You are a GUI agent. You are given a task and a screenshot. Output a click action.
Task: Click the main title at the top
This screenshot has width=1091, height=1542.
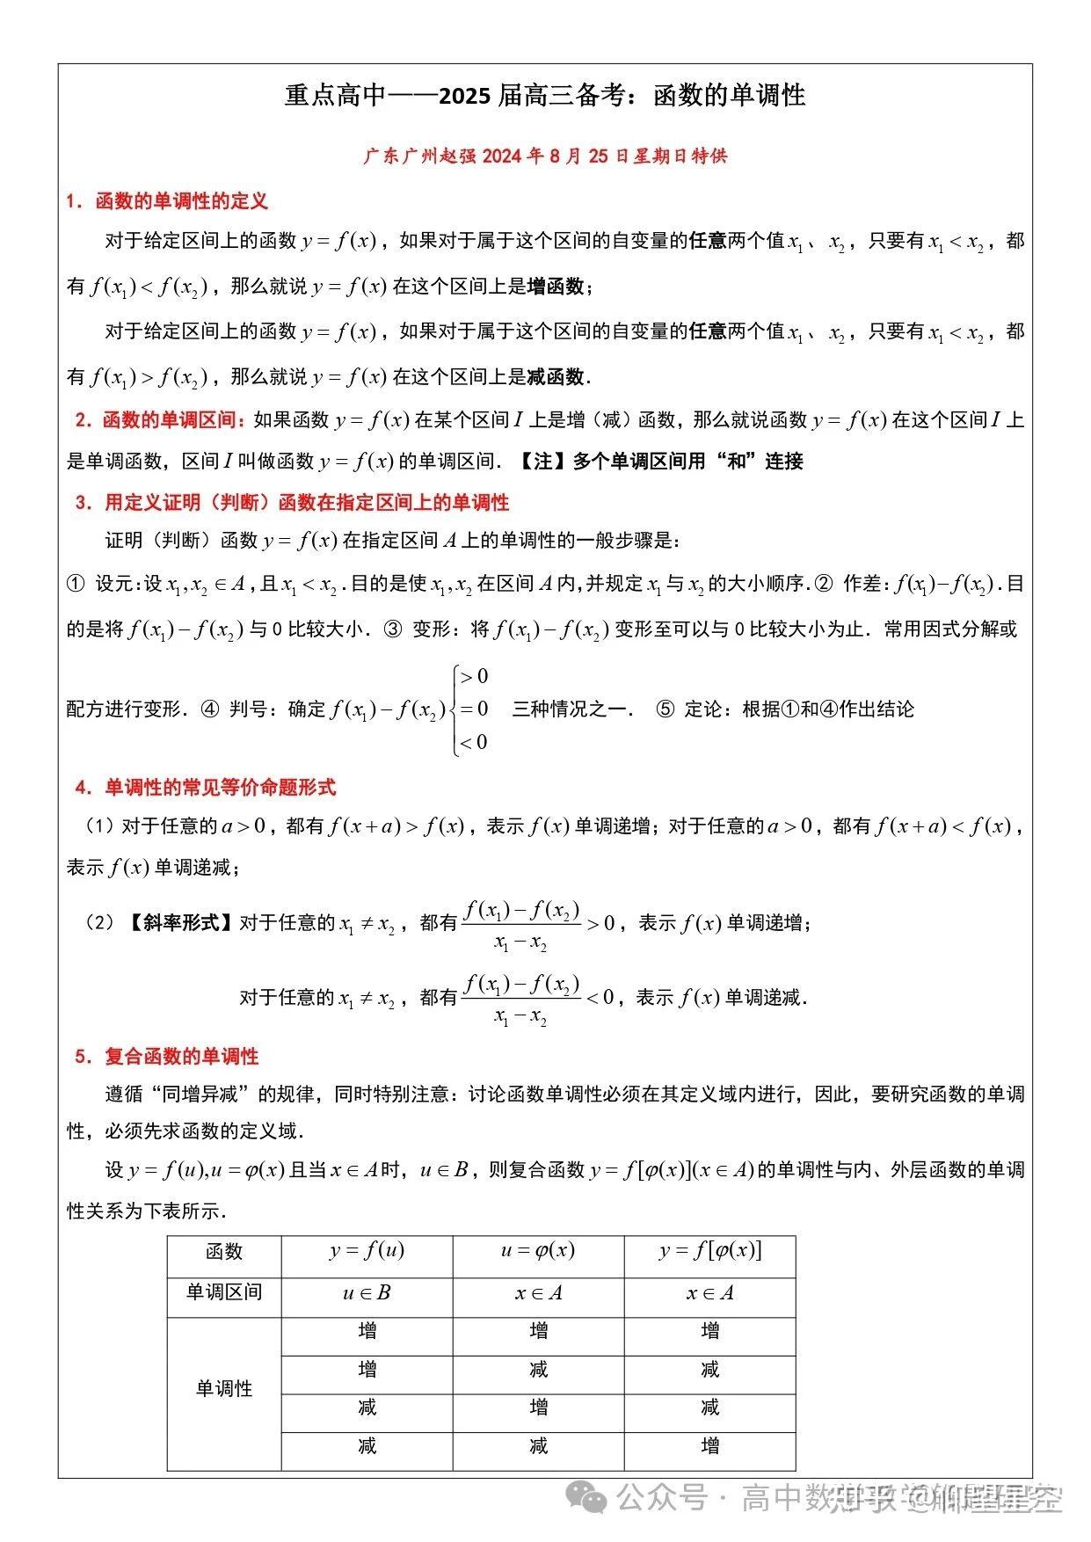[545, 95]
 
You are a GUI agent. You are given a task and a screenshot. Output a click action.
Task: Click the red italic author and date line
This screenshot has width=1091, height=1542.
[545, 156]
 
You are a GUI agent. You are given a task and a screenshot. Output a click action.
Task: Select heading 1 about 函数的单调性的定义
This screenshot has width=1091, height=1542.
[167, 201]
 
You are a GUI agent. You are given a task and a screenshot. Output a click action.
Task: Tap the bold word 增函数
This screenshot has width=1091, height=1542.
[556, 287]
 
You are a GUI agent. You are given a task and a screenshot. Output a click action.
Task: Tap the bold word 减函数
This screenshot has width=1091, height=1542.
[556, 377]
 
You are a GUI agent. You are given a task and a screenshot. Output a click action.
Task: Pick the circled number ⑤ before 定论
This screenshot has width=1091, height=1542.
[666, 709]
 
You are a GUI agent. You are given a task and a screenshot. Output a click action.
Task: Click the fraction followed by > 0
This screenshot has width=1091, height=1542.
[521, 926]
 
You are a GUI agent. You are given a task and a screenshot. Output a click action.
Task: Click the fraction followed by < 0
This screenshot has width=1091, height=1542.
[521, 1000]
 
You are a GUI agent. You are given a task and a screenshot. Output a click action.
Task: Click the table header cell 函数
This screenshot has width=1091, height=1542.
[224, 1252]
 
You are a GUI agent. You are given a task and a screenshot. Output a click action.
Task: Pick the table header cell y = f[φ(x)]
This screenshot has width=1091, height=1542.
[709, 1252]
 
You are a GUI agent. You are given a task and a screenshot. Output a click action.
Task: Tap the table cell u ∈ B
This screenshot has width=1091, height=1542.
[367, 1293]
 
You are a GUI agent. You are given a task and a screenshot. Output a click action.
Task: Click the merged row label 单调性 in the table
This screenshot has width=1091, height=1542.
[224, 1389]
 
